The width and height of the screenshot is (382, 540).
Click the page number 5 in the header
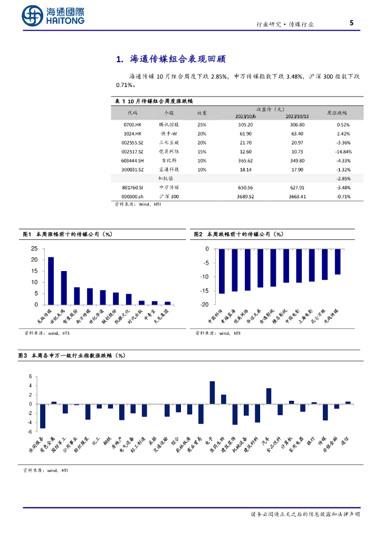[x=351, y=23]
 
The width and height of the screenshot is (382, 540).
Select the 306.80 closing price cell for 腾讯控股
[x=295, y=125]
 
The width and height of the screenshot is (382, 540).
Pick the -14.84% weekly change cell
[x=343, y=151]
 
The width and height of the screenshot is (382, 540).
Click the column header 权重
[x=202, y=113]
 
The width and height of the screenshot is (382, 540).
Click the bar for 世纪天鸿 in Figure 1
[x=64, y=288]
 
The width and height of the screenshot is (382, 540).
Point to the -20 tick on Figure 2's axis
[x=204, y=305]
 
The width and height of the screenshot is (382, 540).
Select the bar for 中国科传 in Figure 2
[x=222, y=271]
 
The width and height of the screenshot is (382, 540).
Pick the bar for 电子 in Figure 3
[x=212, y=392]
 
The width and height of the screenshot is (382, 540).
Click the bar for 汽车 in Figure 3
[x=269, y=396]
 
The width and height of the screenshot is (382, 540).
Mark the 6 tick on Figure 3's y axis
[x=31, y=377]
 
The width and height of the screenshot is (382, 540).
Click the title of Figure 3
[x=74, y=356]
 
